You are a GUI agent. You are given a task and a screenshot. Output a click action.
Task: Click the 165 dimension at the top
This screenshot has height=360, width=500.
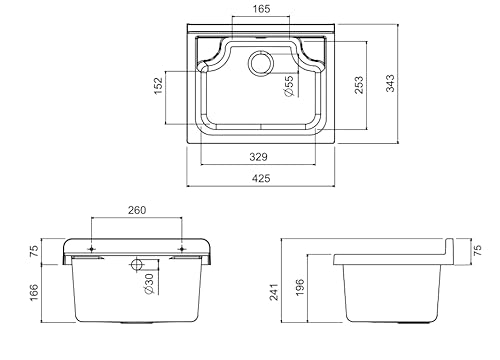click(261, 9)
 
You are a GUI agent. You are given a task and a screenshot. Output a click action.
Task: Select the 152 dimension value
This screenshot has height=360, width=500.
click(158, 86)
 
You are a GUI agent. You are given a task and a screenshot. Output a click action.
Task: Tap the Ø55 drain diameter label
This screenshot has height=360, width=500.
click(289, 86)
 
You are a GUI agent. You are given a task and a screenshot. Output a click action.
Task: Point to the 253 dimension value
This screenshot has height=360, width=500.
click(359, 85)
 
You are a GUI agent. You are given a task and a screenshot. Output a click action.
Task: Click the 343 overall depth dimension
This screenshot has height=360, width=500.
click(390, 83)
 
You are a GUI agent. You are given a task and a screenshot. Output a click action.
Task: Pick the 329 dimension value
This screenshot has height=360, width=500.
click(258, 157)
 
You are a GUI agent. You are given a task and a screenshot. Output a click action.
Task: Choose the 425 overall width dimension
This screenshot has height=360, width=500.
click(261, 178)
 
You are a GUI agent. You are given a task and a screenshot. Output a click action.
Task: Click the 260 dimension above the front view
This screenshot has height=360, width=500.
click(137, 210)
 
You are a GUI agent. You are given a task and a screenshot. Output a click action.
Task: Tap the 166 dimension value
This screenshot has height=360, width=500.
click(34, 292)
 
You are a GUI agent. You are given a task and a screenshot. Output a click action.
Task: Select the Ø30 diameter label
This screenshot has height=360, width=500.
click(149, 284)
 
